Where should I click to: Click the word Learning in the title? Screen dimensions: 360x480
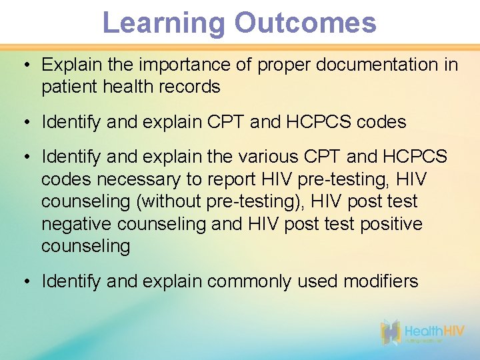(164, 23)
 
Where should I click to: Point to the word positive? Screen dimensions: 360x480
(391, 224)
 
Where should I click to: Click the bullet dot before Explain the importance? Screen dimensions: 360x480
(25, 65)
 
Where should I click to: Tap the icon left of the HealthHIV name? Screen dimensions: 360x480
(391, 332)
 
